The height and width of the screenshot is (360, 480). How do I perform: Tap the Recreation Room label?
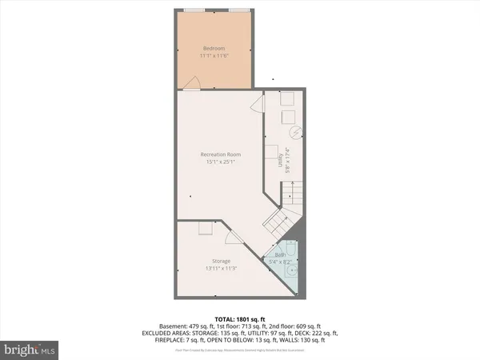[x=221, y=154]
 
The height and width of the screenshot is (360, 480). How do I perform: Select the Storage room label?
[x=221, y=261]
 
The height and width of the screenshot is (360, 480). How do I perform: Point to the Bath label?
[x=280, y=254]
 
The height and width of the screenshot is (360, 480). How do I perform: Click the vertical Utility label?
[x=280, y=162]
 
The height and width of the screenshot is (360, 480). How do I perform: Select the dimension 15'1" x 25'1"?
[x=221, y=162]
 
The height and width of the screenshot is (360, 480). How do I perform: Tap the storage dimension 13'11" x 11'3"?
[x=221, y=268]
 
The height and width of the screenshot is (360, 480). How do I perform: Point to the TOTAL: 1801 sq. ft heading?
[x=239, y=318]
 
